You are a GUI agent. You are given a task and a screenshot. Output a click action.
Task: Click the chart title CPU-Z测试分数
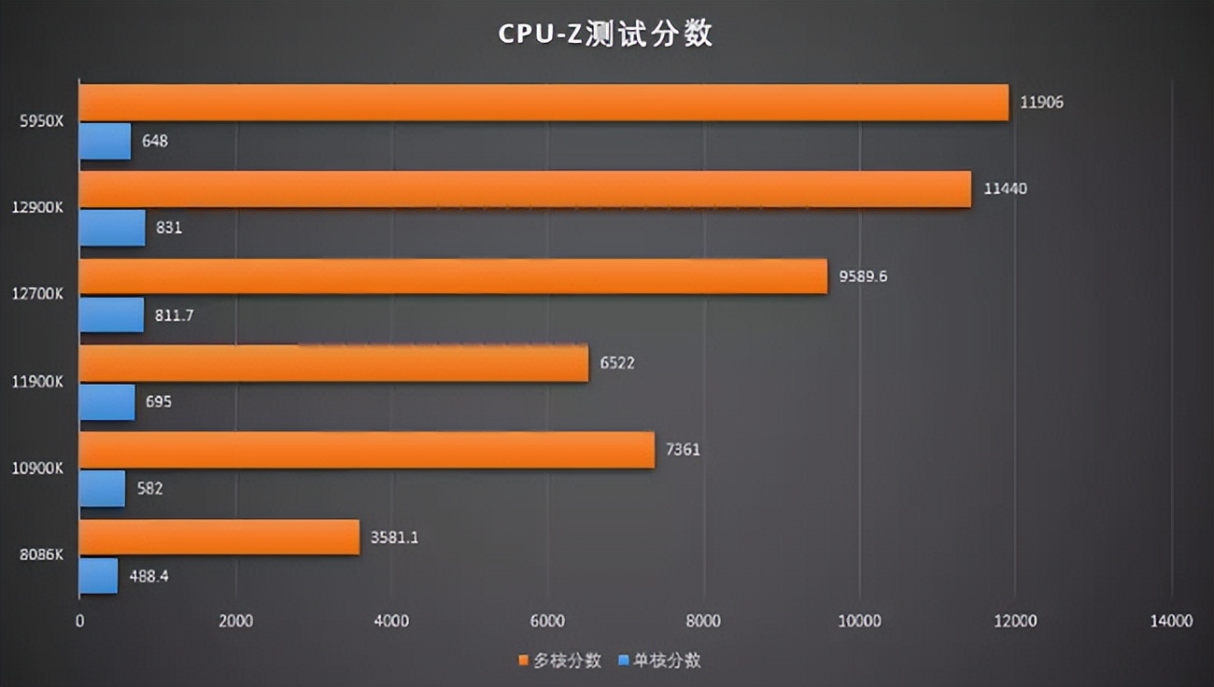coord(605,34)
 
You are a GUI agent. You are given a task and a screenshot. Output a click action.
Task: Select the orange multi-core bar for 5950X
coord(543,103)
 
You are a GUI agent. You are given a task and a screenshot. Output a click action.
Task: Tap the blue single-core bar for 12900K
coord(112,228)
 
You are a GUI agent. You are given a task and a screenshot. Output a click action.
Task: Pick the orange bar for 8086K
coord(219,538)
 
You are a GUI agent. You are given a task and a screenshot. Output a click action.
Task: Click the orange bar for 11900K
coord(333,364)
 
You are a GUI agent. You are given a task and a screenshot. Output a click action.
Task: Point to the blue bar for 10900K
coord(102,488)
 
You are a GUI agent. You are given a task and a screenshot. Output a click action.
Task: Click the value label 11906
coord(1041,102)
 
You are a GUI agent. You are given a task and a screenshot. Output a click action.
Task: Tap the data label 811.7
coord(175,315)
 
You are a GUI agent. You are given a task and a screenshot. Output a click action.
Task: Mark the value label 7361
coord(683,450)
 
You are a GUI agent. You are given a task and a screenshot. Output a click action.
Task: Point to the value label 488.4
coord(149,576)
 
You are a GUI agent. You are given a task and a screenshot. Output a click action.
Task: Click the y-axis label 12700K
coord(38,295)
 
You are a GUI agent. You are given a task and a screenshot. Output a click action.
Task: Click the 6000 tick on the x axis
coord(547,622)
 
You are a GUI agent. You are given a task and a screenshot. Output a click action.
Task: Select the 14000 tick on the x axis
coord(1171,622)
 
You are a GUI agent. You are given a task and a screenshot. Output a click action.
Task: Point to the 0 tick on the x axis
coord(79,622)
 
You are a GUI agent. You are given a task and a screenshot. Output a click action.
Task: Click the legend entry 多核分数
coord(559,661)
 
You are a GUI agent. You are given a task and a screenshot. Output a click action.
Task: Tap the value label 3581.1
coord(394,538)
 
